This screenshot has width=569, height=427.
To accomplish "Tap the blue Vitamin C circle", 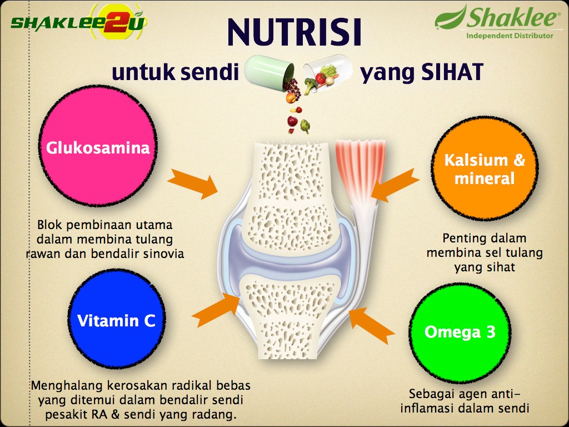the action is tap(117, 319).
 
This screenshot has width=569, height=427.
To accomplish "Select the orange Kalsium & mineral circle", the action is tap(485, 168).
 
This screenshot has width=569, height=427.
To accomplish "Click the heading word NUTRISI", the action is tap(295, 32).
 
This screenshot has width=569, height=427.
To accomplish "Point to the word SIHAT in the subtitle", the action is tap(452, 72).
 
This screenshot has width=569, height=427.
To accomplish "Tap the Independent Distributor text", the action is tap(510, 36).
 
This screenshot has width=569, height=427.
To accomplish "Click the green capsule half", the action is tap(269, 72).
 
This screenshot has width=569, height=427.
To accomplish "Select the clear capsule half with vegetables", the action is tap(328, 71).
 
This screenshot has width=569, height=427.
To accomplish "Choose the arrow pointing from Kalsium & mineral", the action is tap(395, 185).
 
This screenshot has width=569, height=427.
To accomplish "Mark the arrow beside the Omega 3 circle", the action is tap(372, 325).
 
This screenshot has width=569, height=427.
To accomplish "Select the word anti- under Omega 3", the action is tap(505, 394).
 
